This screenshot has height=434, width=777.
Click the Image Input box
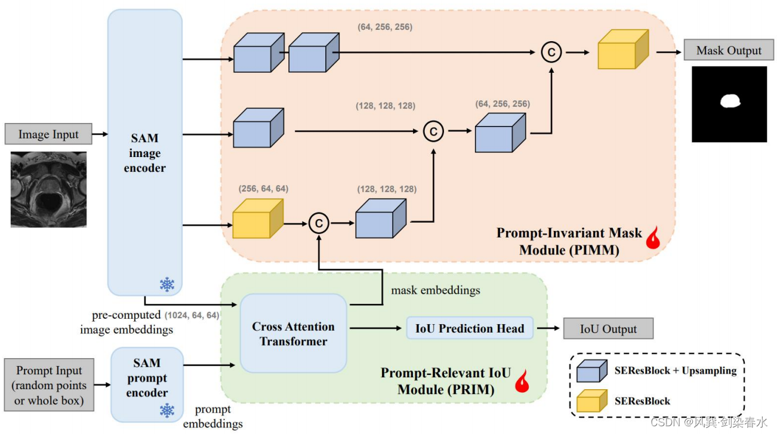pos(48,134)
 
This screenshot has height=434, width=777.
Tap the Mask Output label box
pos(729,50)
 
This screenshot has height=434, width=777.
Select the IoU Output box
pos(608,328)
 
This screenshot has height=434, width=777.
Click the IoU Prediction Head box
pos(470,328)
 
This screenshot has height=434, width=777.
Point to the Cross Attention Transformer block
pos(294,333)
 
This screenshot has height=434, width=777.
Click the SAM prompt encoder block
pos(147,384)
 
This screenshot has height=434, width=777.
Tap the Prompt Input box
pos(49,384)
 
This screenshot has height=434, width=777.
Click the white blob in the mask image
pos(730,101)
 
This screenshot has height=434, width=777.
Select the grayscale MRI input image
pos(48,189)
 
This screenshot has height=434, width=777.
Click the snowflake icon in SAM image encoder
pos(167,285)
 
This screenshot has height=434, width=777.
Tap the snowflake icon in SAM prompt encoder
pos(167,410)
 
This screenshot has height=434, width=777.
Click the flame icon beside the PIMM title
pos(653,238)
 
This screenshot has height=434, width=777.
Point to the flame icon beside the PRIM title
pos(522,381)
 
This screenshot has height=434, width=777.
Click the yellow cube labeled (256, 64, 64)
pos(258,218)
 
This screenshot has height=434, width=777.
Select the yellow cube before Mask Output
pos(624,50)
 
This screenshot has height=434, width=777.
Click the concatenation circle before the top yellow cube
pos(551,52)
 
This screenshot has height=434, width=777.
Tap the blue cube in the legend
pos(592,371)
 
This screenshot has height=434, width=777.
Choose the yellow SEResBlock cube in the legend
pos(592,401)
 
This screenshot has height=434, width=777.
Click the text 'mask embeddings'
pos(436,290)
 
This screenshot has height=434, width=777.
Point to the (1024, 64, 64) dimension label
pos(192,315)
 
